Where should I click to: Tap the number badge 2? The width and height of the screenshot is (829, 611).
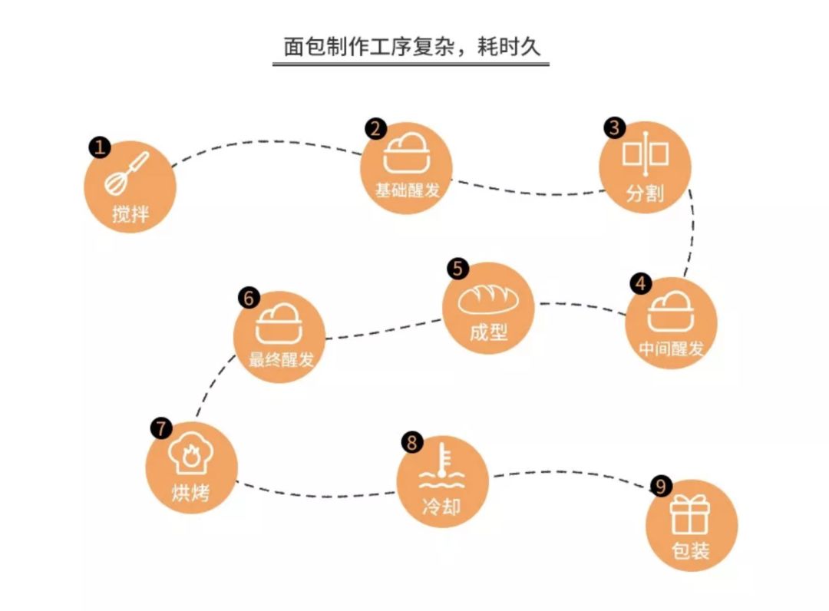[375, 128]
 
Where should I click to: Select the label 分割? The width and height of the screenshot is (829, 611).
[645, 193]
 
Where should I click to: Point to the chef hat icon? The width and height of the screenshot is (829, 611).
[191, 455]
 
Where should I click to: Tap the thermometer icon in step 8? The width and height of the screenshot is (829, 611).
[441, 469]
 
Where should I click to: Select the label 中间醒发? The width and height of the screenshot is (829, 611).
[671, 348]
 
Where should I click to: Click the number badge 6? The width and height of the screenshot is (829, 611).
[249, 297]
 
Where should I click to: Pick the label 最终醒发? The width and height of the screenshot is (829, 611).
[281, 359]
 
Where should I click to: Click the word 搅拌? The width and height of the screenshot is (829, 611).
[130, 213]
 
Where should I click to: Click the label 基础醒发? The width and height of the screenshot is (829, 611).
[408, 190]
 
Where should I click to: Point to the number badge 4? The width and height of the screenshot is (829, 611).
[641, 282]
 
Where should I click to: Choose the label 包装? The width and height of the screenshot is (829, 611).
[691, 550]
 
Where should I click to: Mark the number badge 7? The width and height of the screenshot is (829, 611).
[161, 428]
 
